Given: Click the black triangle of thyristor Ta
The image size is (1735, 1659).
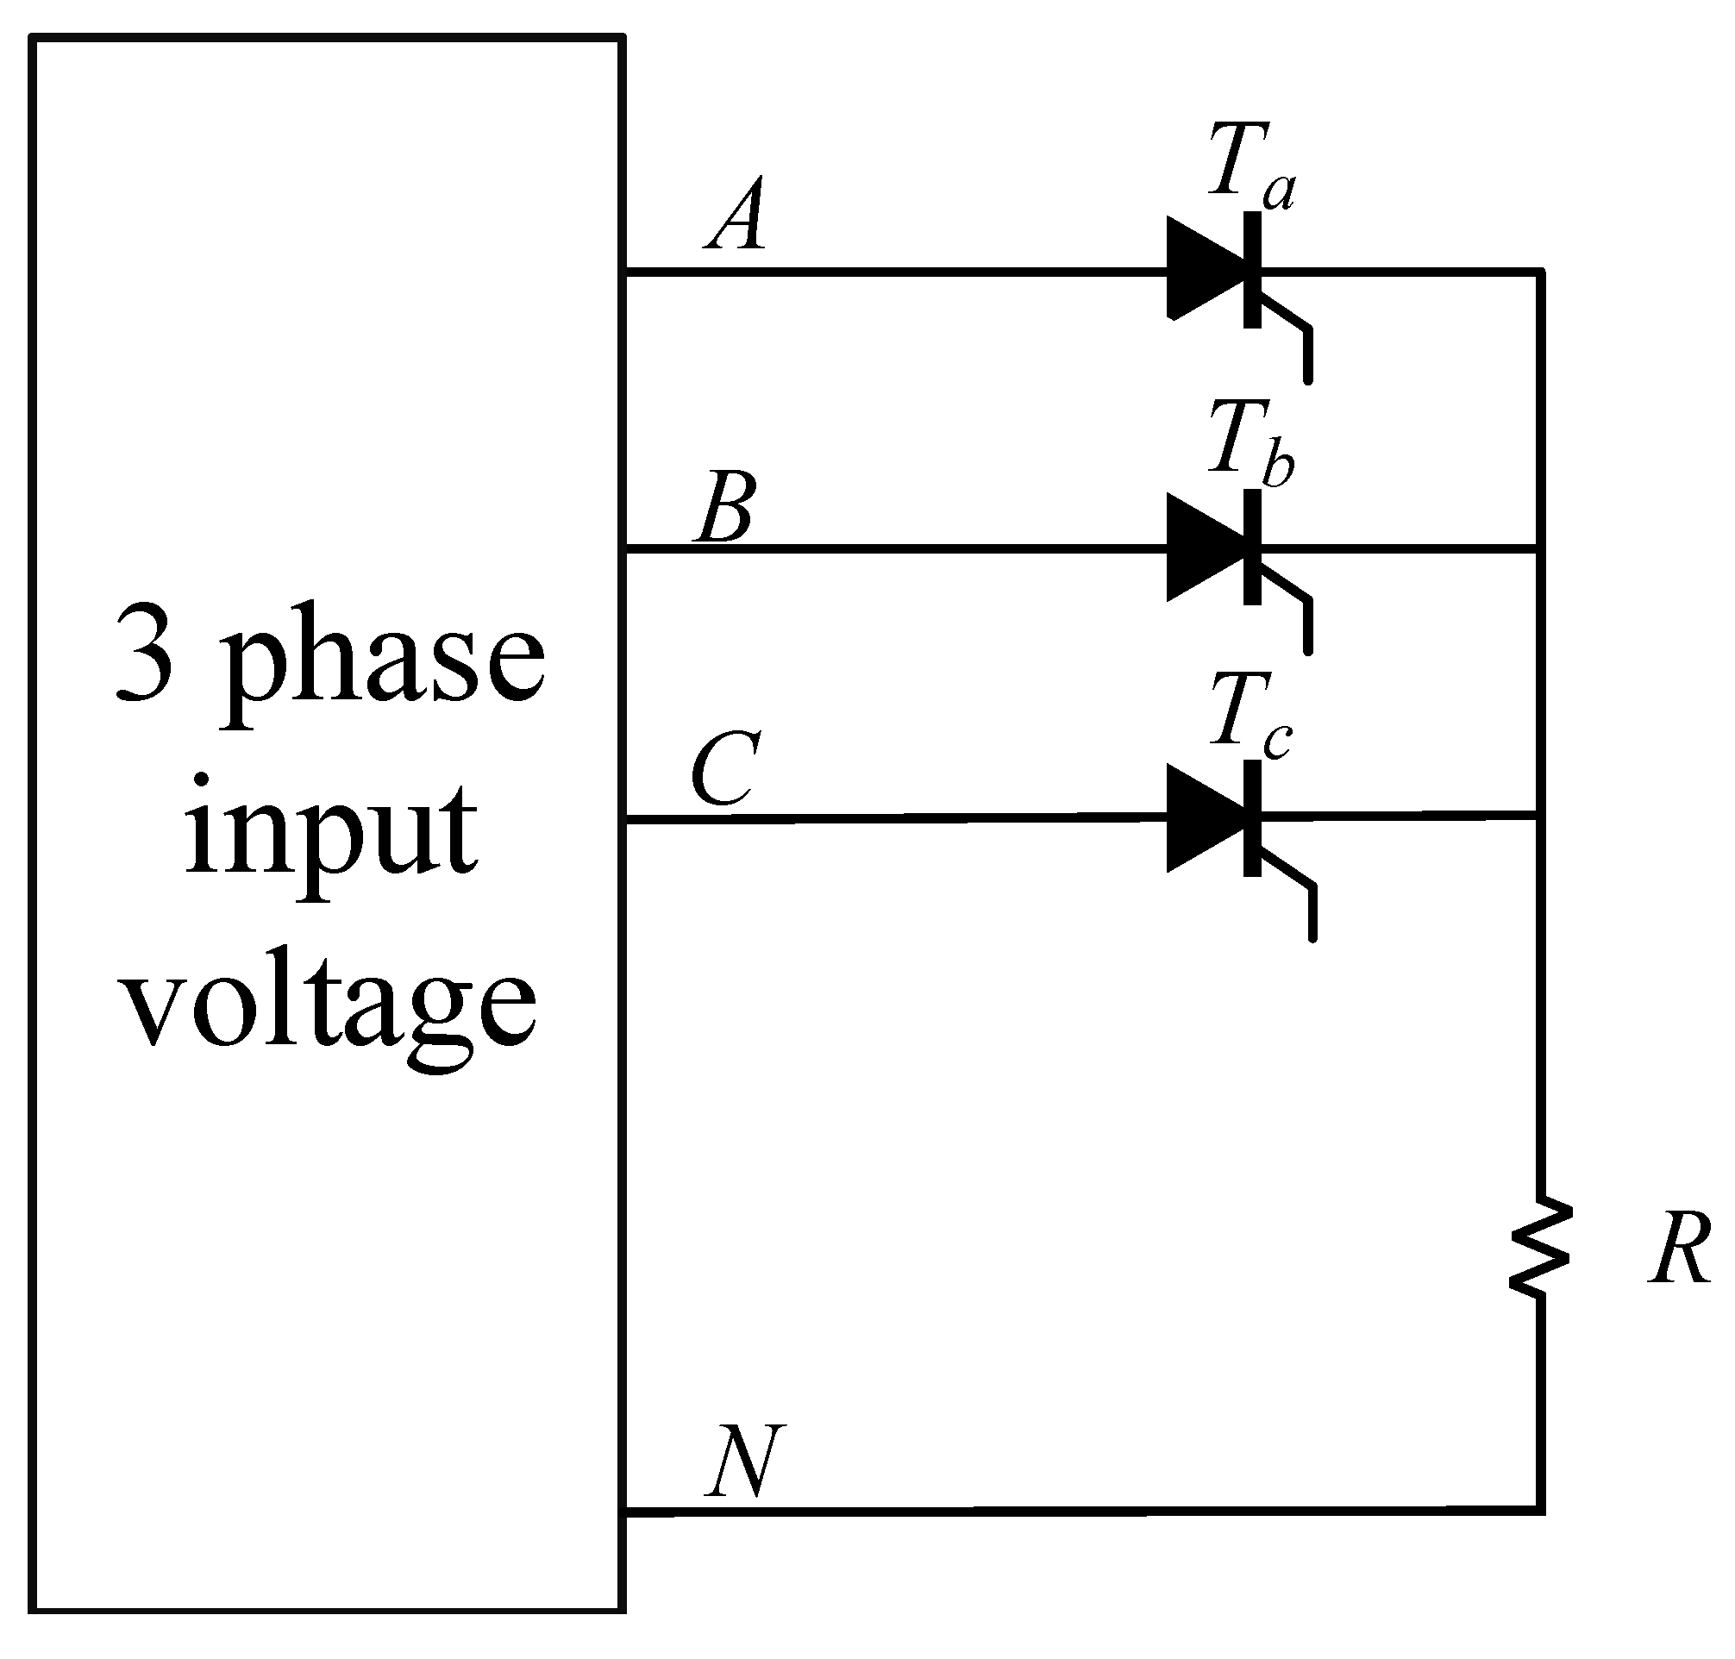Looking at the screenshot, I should [1203, 269].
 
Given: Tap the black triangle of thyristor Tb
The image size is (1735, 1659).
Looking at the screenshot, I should [1203, 548].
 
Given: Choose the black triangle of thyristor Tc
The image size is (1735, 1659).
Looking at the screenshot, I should [1203, 819].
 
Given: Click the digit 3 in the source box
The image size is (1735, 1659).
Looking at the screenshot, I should [144, 654].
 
